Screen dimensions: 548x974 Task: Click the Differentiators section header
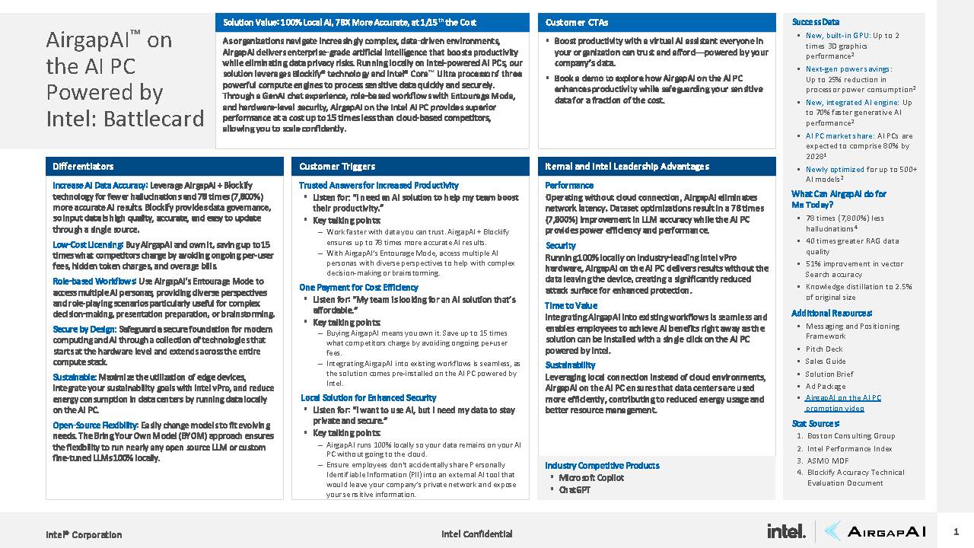tap(84, 167)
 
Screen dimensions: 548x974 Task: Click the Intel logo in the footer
tap(785, 531)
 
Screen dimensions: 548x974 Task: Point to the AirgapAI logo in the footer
tap(875, 531)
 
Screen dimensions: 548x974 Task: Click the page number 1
tap(956, 531)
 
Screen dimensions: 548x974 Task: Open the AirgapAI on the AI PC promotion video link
tap(842, 403)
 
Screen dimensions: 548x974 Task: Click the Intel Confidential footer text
tap(476, 534)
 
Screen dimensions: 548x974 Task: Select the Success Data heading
tap(815, 22)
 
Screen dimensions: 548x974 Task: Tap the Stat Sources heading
tap(815, 423)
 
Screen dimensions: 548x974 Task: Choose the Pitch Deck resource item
tap(824, 349)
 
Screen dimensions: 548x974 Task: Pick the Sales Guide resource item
tap(826, 362)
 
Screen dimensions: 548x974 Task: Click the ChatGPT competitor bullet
tap(575, 490)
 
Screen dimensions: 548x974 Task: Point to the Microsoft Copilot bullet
tap(591, 478)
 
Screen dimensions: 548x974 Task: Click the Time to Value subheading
tap(571, 306)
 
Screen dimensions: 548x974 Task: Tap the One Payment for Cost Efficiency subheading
tap(358, 288)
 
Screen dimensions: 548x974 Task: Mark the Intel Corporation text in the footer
tap(84, 534)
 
